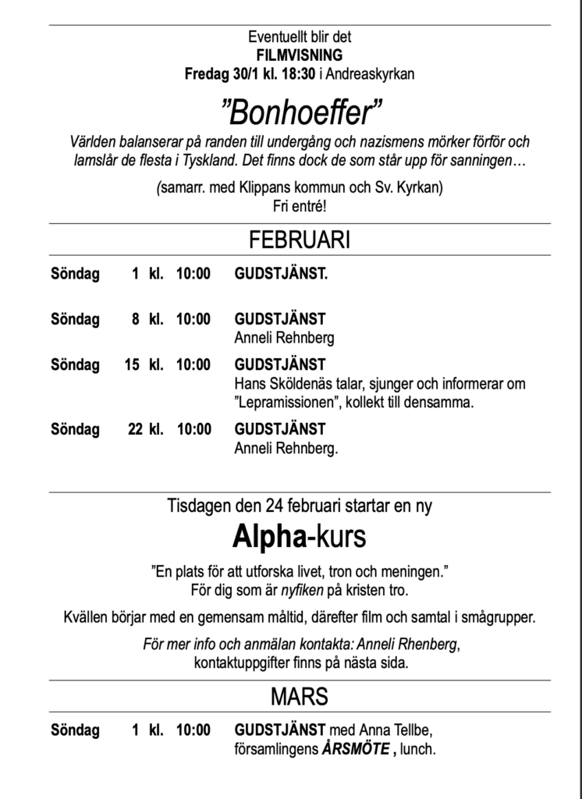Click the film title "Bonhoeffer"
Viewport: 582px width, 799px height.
pyautogui.click(x=300, y=115)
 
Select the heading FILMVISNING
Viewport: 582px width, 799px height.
pyautogui.click(x=300, y=55)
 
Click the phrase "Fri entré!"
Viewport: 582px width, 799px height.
pyautogui.click(x=300, y=206)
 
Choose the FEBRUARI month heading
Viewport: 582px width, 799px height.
pyautogui.click(x=300, y=240)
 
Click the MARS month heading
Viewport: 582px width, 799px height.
pyautogui.click(x=300, y=696)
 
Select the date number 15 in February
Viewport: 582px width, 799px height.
pyautogui.click(x=131, y=364)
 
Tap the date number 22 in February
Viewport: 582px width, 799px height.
pyautogui.click(x=135, y=429)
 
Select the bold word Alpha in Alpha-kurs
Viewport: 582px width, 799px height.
pyautogui.click(x=265, y=537)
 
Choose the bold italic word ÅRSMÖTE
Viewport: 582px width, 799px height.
pyautogui.click(x=354, y=750)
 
